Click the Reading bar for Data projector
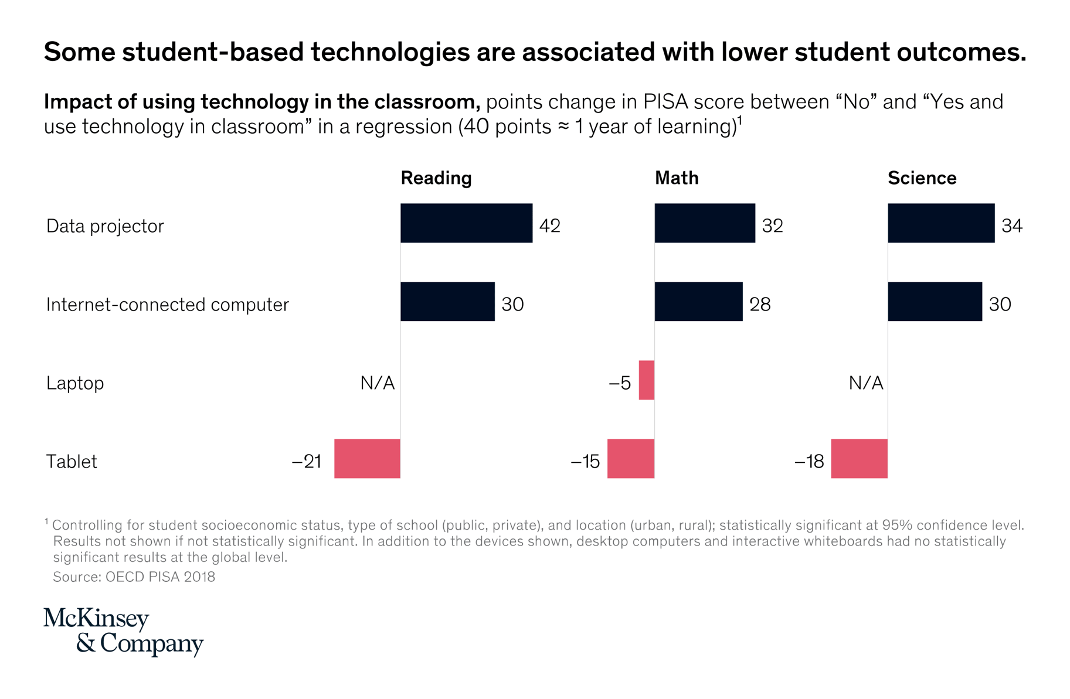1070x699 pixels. tap(466, 223)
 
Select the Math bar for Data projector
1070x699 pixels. tap(705, 223)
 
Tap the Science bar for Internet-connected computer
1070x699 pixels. tap(935, 302)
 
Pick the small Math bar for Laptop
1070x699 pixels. tap(647, 380)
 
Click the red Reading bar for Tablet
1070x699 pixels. tap(367, 459)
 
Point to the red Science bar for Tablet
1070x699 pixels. tap(859, 459)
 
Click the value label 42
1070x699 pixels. tap(549, 226)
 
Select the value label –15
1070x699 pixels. tap(585, 462)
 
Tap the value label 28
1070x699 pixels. tap(760, 304)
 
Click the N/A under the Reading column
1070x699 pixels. tap(377, 383)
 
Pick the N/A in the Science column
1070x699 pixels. tap(865, 383)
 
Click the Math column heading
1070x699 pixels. tap(676, 178)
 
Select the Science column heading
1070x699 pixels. tap(922, 178)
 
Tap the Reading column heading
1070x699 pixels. tap(436, 178)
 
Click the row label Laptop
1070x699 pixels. tap(75, 383)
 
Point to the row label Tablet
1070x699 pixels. tap(72, 462)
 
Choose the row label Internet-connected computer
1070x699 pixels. tap(167, 305)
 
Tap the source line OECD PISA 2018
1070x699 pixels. tap(134, 577)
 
